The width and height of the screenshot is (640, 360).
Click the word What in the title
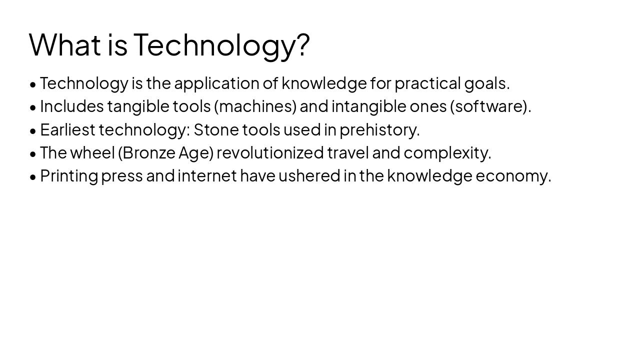(x=65, y=44)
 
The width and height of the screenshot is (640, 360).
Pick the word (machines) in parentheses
(x=255, y=106)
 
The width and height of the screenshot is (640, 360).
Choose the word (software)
(x=489, y=106)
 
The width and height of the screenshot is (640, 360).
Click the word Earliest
(x=67, y=129)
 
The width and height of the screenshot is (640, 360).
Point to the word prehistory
(x=379, y=129)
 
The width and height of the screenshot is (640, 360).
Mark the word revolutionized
(x=270, y=152)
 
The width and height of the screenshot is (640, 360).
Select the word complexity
(x=446, y=152)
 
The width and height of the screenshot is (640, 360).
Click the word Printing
(x=69, y=176)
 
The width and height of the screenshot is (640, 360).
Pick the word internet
(x=207, y=176)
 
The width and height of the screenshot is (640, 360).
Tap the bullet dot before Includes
(x=33, y=107)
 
